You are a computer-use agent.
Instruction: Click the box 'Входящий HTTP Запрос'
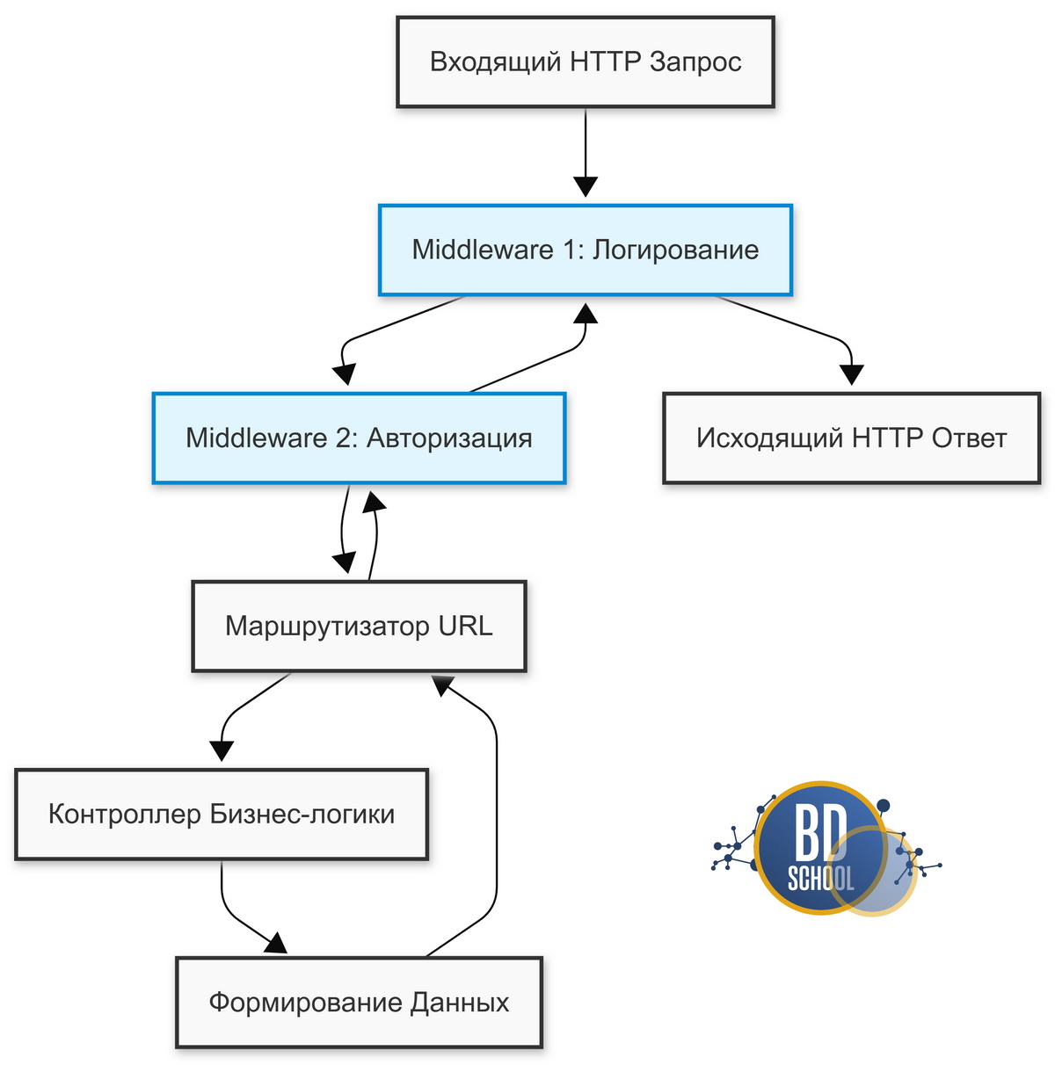tap(585, 62)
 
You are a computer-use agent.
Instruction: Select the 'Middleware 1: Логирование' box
tap(585, 250)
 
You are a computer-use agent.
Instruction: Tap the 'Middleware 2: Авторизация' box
tap(359, 438)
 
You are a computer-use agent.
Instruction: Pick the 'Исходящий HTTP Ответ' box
tap(851, 438)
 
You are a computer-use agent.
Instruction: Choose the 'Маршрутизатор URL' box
tap(359, 626)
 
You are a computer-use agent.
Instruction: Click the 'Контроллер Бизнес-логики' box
tap(222, 814)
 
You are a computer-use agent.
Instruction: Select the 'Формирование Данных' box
tap(359, 1002)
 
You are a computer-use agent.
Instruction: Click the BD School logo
tap(825, 847)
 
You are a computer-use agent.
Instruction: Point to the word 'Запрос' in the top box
tap(695, 62)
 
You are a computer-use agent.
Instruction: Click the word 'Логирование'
tap(675, 250)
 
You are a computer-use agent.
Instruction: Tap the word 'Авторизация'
tap(449, 438)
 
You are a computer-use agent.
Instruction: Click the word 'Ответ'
tap(969, 438)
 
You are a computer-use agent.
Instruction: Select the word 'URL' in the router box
tap(465, 626)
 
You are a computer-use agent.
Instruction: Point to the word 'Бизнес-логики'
tap(302, 814)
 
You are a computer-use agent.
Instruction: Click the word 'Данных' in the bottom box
tap(459, 1003)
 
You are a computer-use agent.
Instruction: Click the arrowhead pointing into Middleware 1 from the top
tap(585, 187)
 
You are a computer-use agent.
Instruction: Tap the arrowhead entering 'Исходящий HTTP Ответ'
tap(851, 374)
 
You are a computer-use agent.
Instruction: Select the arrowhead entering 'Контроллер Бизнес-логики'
tap(222, 750)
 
